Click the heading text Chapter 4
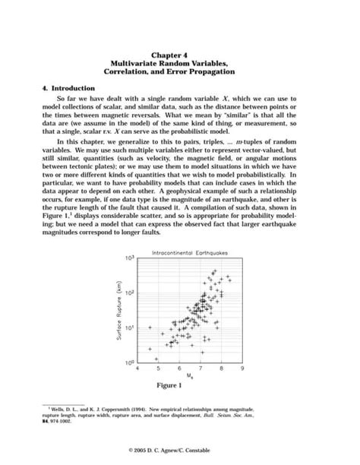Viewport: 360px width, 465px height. (179, 55)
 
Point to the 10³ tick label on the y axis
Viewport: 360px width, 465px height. (131, 259)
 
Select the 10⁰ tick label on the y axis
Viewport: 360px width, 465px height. (131, 362)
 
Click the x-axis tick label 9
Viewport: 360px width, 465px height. (242, 369)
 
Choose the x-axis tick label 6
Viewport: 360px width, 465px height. (179, 369)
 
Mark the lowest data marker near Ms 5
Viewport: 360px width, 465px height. (156, 359)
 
